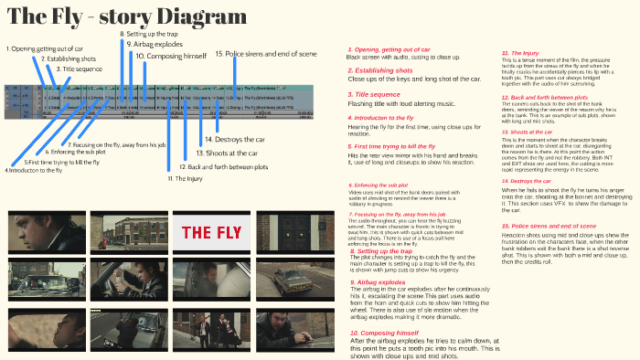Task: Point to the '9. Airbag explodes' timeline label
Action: click(155, 44)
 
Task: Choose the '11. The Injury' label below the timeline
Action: click(185, 178)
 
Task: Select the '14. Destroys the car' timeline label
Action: click(226, 139)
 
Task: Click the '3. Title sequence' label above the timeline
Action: click(80, 69)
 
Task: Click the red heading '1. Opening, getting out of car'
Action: click(389, 48)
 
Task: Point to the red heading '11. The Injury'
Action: click(519, 53)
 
